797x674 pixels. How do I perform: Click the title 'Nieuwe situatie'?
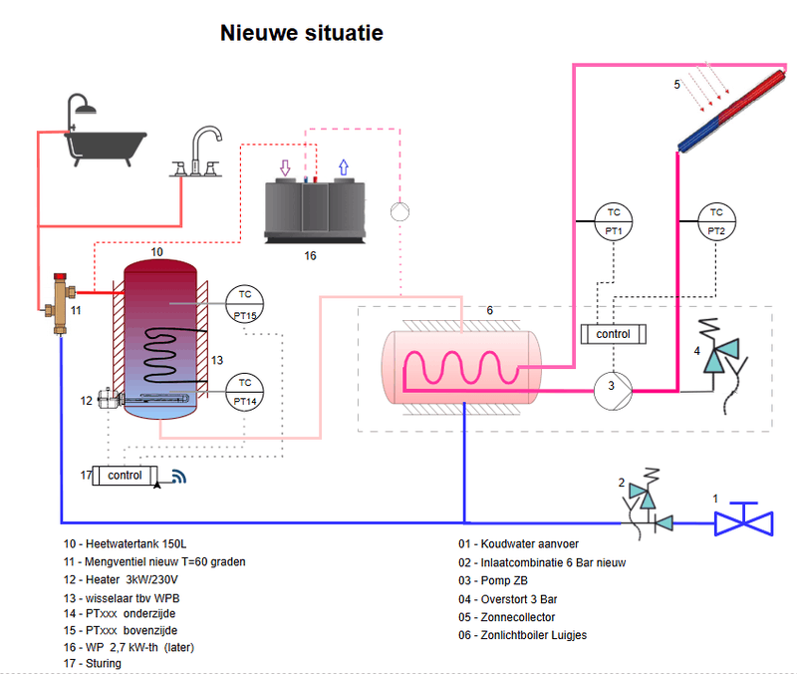click(x=301, y=33)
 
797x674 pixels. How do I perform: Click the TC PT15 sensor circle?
click(x=245, y=302)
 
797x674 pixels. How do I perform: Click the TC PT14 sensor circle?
click(x=245, y=392)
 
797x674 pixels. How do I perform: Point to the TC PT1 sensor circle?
click(x=614, y=220)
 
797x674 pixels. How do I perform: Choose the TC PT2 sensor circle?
click(x=715, y=220)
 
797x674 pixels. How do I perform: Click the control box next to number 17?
click(x=125, y=476)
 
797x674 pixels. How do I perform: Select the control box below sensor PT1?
click(x=613, y=334)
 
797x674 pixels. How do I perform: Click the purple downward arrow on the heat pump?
click(x=286, y=168)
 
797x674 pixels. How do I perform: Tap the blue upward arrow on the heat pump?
click(x=344, y=168)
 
